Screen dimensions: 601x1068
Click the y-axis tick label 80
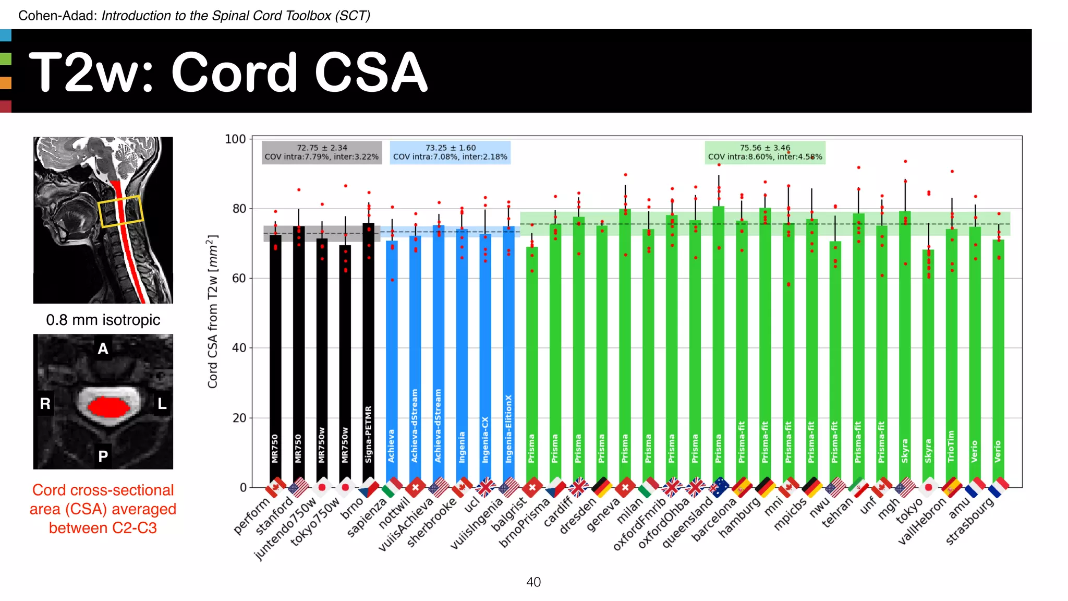(239, 209)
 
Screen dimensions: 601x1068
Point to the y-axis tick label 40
(239, 348)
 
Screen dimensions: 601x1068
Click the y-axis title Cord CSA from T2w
(213, 311)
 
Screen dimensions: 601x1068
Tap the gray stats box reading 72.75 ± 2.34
(322, 152)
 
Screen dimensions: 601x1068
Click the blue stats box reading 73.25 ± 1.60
(450, 152)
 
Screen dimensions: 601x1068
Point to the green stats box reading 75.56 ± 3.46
(764, 152)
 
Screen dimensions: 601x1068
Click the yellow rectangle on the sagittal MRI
(120, 211)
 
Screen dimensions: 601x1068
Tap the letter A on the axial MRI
(103, 348)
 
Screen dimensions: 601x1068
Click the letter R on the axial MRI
(45, 403)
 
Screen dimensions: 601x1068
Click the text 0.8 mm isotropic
(103, 320)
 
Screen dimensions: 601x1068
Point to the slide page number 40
(533, 582)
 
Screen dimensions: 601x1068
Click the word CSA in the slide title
(371, 73)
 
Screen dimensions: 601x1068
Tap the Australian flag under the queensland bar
(720, 487)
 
